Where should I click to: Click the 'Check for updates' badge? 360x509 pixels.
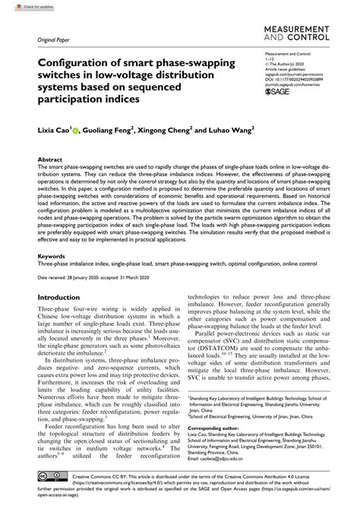click(22, 6)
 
